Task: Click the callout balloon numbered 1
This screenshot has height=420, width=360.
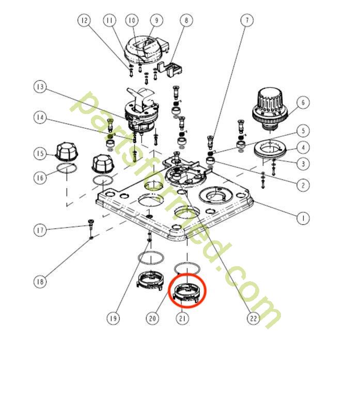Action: (x=303, y=218)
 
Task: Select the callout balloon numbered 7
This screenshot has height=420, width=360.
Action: (x=247, y=20)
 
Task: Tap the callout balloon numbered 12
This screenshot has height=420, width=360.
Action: (x=84, y=20)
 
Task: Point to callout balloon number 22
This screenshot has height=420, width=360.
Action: (x=253, y=318)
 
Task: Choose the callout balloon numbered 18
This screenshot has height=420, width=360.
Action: (x=40, y=282)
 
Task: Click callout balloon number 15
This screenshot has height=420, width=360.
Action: (x=40, y=153)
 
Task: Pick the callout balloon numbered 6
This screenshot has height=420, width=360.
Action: (x=303, y=102)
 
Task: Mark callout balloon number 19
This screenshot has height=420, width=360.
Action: (x=113, y=318)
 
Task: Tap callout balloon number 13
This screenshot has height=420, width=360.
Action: (x=40, y=87)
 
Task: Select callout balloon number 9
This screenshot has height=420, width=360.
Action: (x=156, y=20)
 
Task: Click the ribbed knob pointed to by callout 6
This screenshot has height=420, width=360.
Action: (x=270, y=108)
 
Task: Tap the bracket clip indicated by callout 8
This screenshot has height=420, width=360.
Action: (x=170, y=69)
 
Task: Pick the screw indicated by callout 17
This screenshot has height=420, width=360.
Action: (x=91, y=224)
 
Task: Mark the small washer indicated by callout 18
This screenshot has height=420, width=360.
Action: (x=91, y=237)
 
